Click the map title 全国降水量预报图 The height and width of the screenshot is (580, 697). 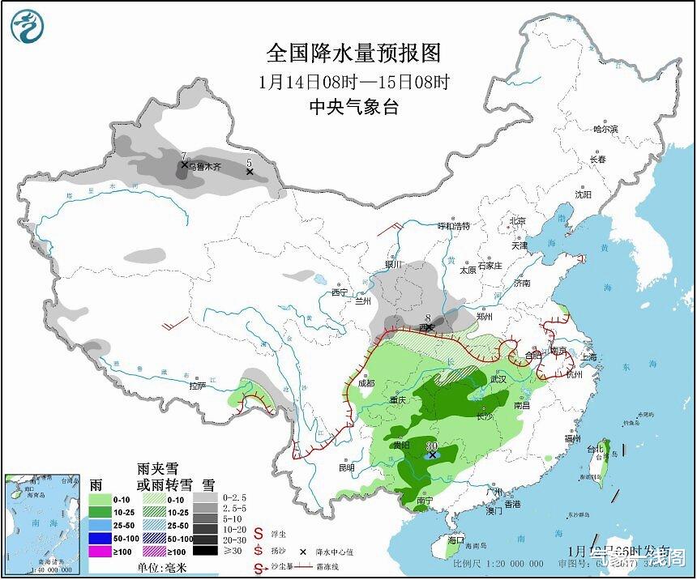coord(354,53)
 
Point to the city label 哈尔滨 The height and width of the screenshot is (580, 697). coord(605,129)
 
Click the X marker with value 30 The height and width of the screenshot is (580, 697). coord(433,454)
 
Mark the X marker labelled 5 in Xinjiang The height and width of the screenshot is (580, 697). coord(250,172)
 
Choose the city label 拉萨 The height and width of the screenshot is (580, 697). coord(198,386)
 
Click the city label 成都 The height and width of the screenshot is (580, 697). coord(366,383)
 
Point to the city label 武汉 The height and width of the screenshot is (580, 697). coord(498,378)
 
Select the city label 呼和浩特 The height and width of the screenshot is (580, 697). coord(453,226)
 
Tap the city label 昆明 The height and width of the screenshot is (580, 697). coord(347,467)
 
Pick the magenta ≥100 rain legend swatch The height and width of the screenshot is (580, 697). coord(99,551)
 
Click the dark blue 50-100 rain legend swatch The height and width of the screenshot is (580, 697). coord(99,538)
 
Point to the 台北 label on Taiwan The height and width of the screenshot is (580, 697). coord(595,449)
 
